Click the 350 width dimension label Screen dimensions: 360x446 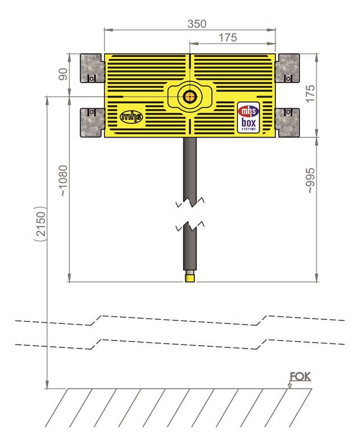197,24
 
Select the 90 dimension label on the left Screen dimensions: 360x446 64,75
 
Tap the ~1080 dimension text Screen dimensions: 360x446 64,181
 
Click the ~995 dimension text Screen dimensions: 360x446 311,181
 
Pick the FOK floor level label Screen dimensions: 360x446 300,377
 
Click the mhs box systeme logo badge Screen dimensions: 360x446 249,118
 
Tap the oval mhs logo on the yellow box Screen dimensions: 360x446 131,116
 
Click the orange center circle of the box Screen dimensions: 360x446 189,97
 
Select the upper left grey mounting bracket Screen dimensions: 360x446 91,68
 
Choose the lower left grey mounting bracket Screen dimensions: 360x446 92,123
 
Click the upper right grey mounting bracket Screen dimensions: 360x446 288,68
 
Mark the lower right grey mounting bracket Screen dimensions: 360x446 288,123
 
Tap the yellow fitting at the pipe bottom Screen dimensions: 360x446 190,277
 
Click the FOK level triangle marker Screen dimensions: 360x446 289,386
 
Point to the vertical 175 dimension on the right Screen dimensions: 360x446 311,93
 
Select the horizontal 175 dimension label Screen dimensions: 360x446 228,37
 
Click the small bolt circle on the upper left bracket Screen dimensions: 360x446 92,78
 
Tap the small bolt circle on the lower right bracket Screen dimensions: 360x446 288,112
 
